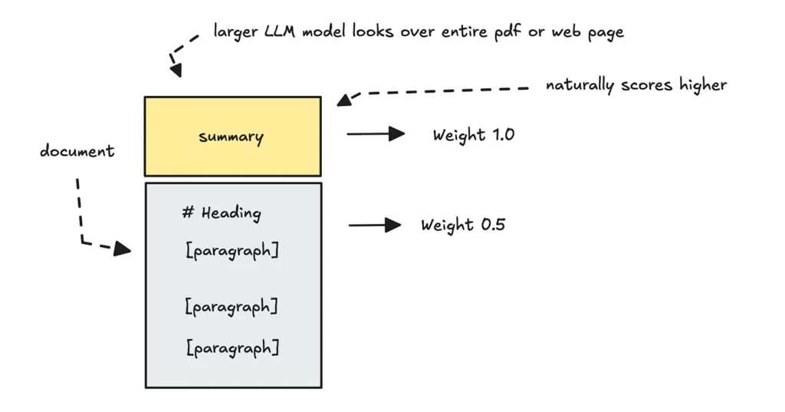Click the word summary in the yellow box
tap(231, 137)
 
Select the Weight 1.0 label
tap(473, 135)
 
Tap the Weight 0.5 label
tap(462, 226)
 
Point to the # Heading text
tap(222, 213)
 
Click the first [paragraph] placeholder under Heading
tap(232, 251)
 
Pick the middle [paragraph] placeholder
tap(231, 307)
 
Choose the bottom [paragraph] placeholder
tap(232, 348)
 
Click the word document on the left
tap(77, 151)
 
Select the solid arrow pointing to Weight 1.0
tap(376, 134)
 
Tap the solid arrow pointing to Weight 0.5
tap(375, 225)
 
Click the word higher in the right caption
tap(703, 84)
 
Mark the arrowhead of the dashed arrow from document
tap(123, 249)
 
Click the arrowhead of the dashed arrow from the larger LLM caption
tap(176, 71)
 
